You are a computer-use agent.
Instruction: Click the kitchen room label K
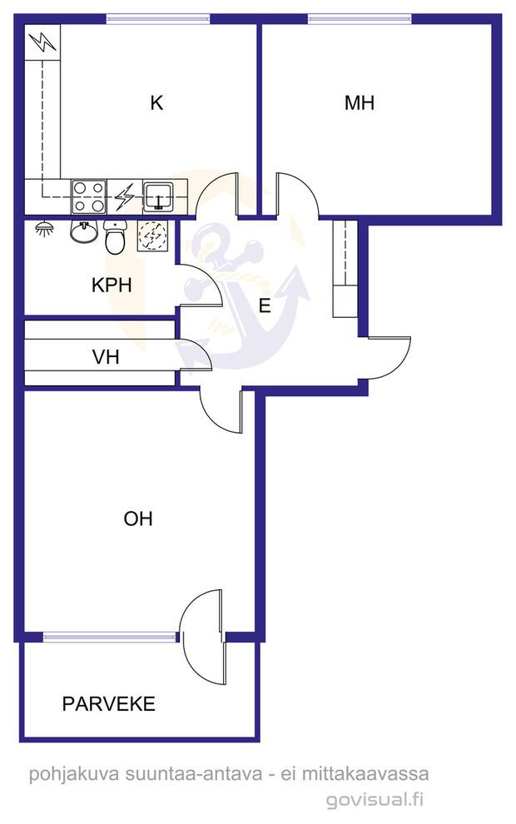point(156,103)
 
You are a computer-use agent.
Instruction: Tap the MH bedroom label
point(360,103)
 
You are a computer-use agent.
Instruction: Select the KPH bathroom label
point(112,285)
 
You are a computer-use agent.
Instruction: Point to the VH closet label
point(106,358)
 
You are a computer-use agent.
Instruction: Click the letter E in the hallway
point(265,305)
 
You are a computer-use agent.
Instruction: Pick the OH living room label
point(138,519)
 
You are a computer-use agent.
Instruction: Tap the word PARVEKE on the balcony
point(109,704)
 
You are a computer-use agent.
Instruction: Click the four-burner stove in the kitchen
point(89,197)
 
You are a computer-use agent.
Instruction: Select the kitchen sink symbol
point(157,197)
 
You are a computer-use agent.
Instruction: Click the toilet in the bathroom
point(115,238)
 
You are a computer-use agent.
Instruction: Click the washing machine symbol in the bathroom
point(152,236)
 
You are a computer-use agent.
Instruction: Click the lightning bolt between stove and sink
point(124,197)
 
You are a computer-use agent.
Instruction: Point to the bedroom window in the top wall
point(360,17)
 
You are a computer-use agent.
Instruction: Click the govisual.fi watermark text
point(375,801)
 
